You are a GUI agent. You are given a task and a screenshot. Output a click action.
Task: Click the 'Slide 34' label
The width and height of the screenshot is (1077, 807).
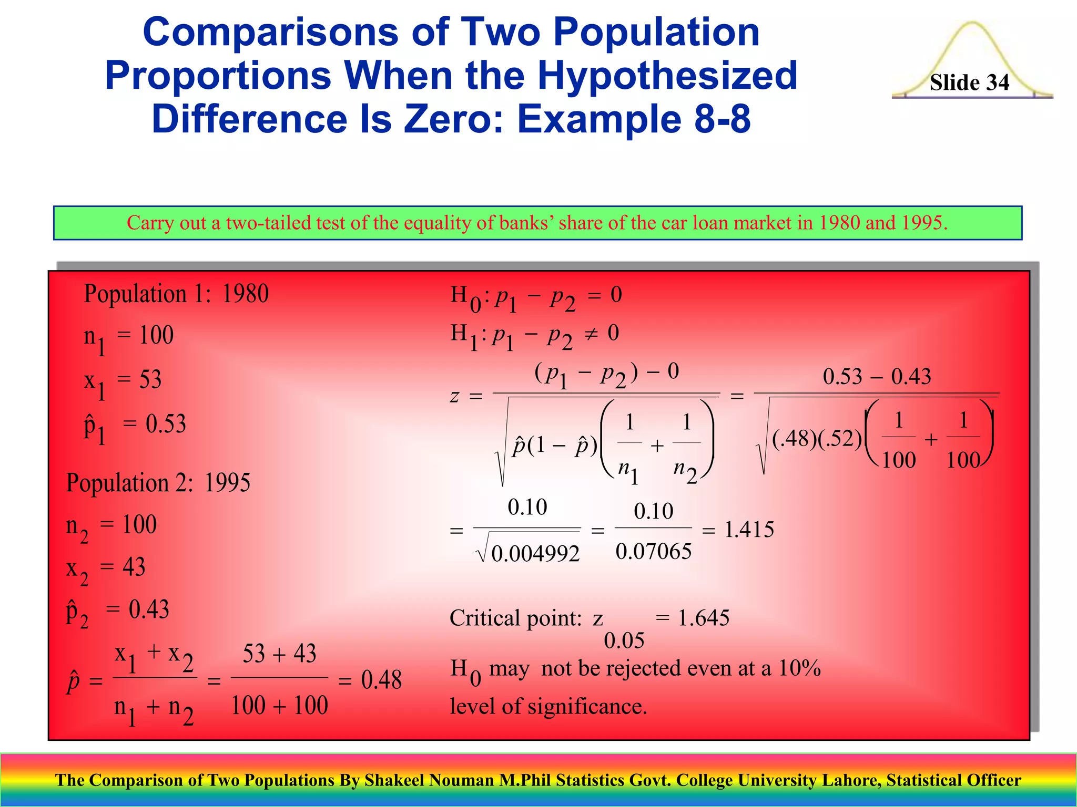click(969, 82)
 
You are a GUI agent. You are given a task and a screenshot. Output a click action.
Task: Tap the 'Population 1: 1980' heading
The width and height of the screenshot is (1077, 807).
click(176, 294)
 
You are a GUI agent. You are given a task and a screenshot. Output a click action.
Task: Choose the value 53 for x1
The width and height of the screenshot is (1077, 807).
click(150, 379)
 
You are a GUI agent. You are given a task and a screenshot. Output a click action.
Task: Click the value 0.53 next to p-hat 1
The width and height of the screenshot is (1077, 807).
click(166, 424)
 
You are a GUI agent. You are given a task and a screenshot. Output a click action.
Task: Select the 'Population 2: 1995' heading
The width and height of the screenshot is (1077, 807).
click(158, 482)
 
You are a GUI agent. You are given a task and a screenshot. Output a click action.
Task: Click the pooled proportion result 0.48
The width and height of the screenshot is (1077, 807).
click(381, 680)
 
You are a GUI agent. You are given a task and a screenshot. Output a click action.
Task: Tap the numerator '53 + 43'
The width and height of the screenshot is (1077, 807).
click(279, 654)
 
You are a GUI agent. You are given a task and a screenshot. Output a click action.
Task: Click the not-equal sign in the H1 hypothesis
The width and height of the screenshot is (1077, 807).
click(591, 334)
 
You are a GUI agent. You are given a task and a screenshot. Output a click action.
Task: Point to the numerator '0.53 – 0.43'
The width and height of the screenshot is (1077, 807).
click(877, 376)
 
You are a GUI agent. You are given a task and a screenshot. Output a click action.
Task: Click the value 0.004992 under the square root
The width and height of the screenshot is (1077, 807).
click(535, 554)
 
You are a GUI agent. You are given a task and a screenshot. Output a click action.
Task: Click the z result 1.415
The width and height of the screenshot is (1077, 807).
click(749, 530)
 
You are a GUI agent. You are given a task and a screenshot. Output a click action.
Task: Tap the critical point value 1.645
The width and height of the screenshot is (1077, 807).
click(704, 618)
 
